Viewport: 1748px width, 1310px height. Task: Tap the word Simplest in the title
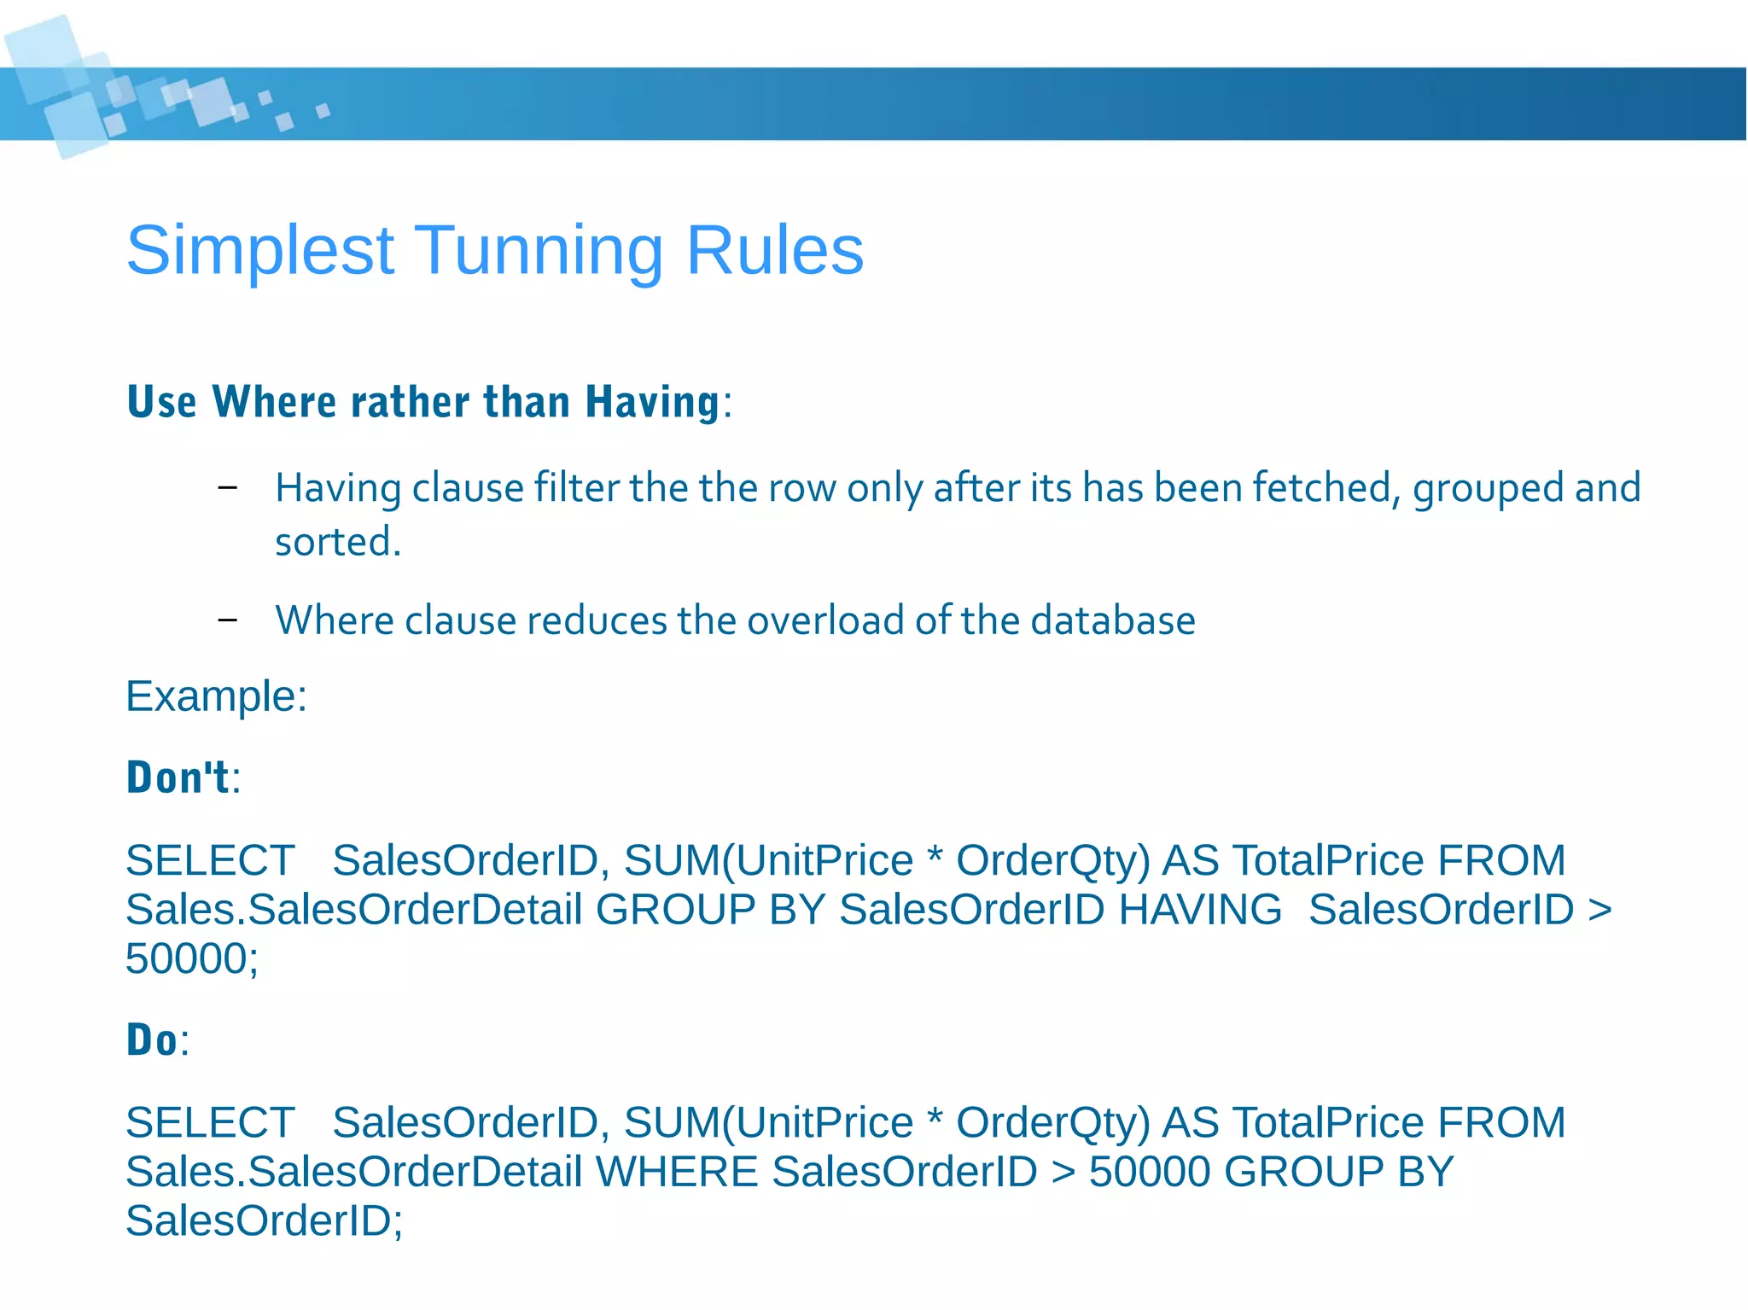(260, 251)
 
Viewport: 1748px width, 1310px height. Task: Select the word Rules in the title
(774, 251)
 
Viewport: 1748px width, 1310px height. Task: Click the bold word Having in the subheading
(653, 402)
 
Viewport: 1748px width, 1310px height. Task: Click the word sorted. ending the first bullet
(337, 542)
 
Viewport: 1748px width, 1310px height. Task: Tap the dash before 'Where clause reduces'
(227, 620)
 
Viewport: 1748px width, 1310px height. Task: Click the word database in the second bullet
(1113, 620)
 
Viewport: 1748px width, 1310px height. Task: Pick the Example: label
(216, 696)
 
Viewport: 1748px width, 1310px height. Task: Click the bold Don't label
(178, 778)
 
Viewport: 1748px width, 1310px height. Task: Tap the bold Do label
(153, 1040)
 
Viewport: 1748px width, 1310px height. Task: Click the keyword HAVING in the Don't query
(1200, 910)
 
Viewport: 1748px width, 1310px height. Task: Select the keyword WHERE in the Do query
(677, 1172)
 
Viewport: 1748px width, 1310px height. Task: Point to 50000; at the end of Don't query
(192, 958)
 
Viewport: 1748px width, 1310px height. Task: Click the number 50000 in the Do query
(1150, 1172)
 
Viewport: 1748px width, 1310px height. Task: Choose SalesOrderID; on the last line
(264, 1221)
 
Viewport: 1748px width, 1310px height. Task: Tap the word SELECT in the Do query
(210, 1123)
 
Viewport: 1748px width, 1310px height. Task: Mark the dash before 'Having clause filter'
(227, 488)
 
